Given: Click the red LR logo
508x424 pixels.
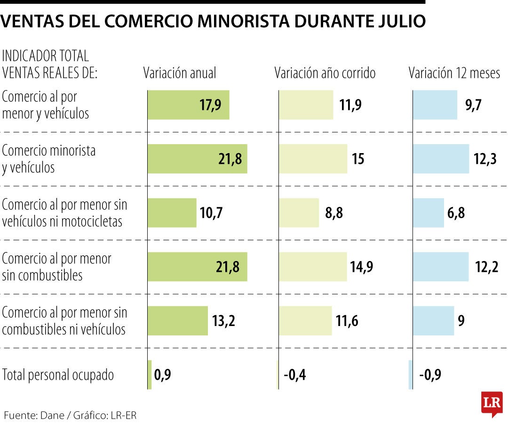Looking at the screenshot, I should click(x=492, y=403).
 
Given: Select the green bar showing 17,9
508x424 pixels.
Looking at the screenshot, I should click(x=188, y=105).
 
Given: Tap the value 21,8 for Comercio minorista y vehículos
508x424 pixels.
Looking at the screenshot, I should click(x=230, y=159).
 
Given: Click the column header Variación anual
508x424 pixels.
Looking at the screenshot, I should click(x=180, y=73).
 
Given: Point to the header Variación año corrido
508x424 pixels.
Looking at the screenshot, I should click(x=325, y=73).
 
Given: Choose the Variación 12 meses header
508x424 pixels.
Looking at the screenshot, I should click(x=454, y=73).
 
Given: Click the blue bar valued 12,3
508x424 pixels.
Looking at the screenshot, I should click(x=441, y=159).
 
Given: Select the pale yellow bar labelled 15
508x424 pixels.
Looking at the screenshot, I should click(x=313, y=159).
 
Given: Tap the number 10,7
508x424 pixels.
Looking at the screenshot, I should click(x=211, y=213).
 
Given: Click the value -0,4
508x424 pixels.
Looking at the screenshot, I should click(x=295, y=375).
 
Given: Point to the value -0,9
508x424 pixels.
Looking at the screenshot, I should click(x=430, y=375).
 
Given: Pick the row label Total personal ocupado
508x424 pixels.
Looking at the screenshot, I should click(x=58, y=375).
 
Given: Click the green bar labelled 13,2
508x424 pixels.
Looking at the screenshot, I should click(x=177, y=321).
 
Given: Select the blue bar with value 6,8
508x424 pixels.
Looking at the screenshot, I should click(x=429, y=213).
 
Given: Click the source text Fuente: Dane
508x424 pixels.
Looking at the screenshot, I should click(x=32, y=415).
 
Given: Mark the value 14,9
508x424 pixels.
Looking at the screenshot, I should click(x=362, y=267).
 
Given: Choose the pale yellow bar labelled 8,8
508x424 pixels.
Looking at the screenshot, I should click(x=299, y=213).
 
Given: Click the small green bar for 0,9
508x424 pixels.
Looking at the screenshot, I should click(x=150, y=375).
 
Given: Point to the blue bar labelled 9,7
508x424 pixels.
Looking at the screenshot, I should click(x=435, y=105).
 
